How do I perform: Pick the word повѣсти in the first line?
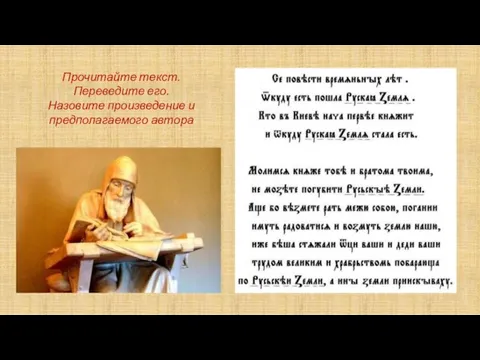[312, 78]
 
